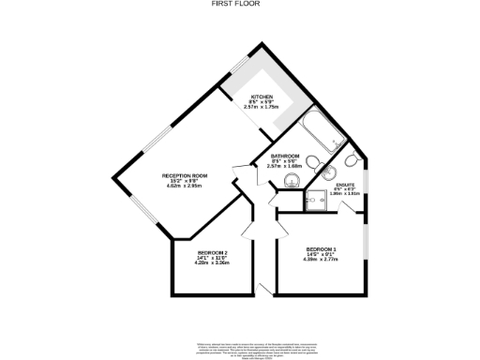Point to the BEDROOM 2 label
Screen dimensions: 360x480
point(213,253)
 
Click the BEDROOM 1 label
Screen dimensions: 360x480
point(322,248)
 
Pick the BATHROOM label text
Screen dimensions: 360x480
point(285,156)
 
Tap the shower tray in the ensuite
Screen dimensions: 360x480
point(316,198)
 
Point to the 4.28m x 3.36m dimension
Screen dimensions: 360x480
point(213,263)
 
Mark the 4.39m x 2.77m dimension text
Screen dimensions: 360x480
point(322,259)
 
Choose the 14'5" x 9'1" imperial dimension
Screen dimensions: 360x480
point(322,253)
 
